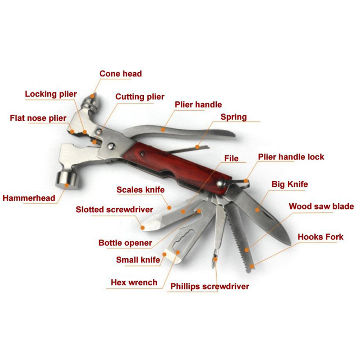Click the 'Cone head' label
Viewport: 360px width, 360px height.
click(121, 74)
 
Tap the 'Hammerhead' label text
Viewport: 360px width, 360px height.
click(29, 198)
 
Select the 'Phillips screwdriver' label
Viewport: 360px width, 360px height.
click(210, 286)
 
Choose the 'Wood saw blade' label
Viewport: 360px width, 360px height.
click(321, 207)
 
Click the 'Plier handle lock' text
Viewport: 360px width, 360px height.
click(291, 157)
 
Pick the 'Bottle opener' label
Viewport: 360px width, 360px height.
click(125, 243)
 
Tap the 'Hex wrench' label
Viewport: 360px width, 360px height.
click(134, 282)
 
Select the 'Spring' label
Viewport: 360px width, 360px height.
click(234, 117)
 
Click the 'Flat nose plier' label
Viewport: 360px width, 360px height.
click(38, 118)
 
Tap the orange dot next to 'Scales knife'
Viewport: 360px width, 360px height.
click(170, 207)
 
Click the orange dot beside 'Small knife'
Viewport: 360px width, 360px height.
click(164, 254)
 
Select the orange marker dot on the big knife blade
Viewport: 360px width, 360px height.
click(257, 209)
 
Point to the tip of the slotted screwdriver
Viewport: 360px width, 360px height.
click(143, 227)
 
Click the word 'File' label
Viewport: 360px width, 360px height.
click(231, 158)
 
